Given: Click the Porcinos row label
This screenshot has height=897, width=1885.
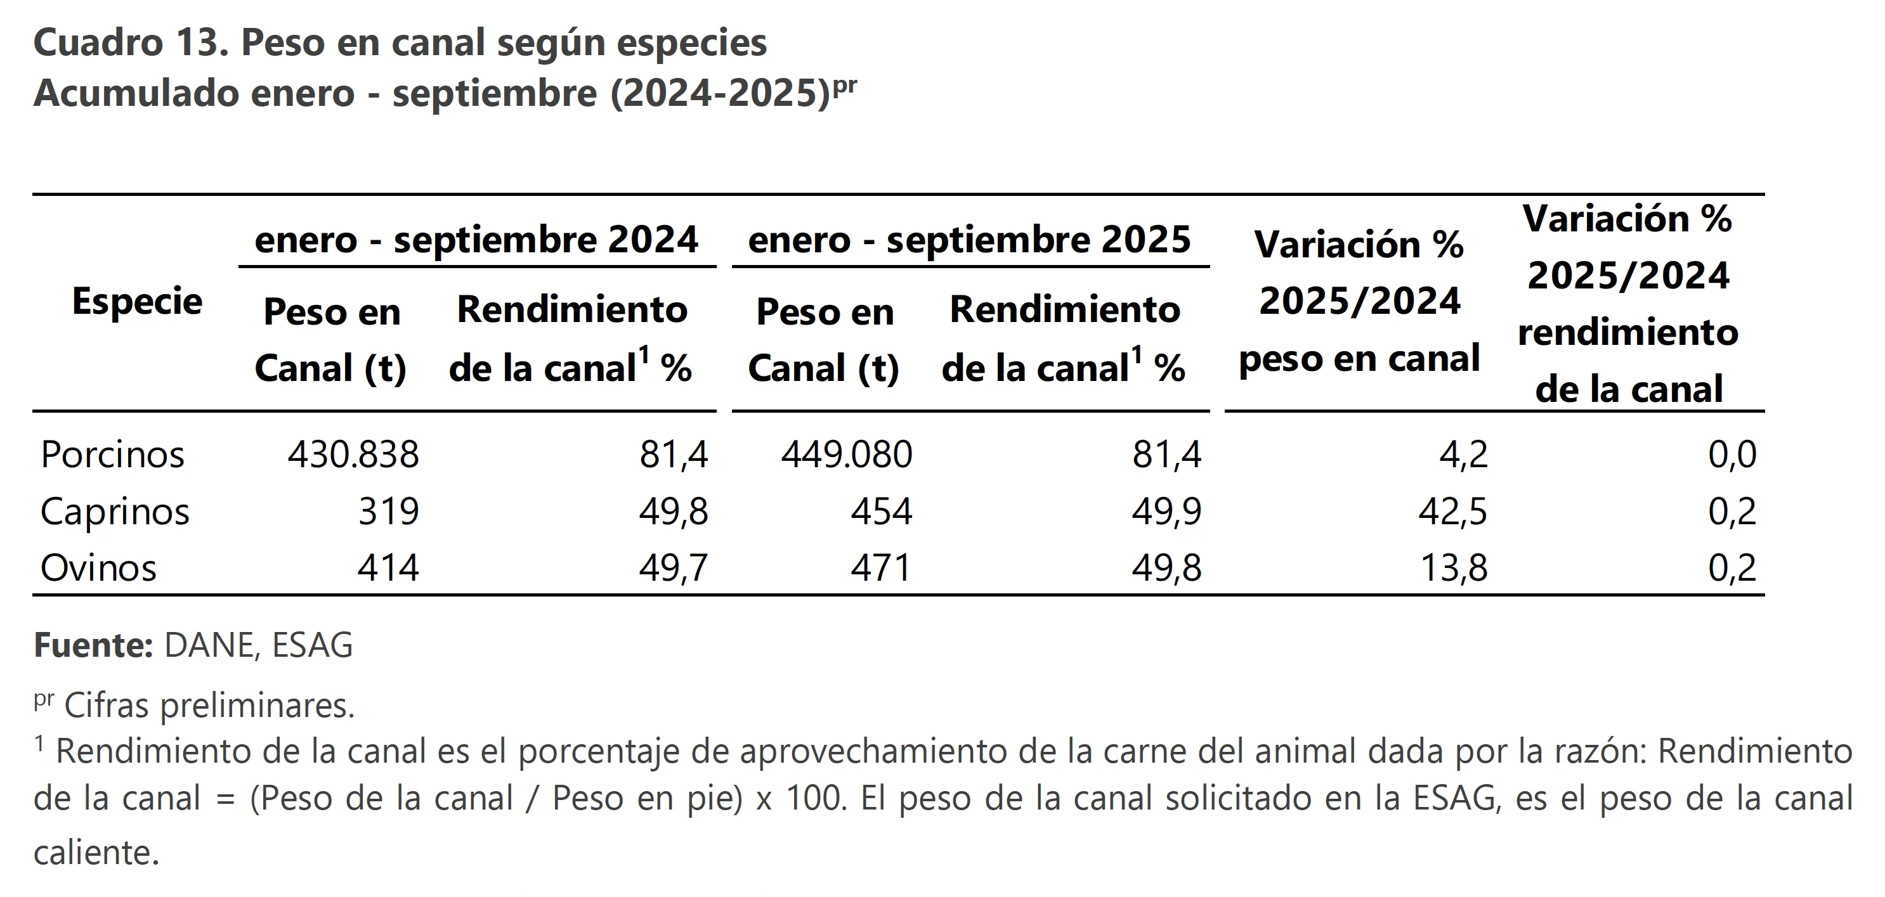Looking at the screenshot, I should (113, 455).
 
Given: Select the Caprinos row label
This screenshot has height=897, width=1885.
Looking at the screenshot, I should (115, 511).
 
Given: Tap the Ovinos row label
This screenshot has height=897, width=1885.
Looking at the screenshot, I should (99, 568).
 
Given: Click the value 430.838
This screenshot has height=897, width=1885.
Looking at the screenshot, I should (353, 455).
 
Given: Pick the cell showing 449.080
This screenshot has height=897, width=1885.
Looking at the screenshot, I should (847, 455).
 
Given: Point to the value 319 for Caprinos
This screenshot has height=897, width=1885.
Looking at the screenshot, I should (389, 511).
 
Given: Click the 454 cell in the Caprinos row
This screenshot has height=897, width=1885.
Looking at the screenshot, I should (881, 511).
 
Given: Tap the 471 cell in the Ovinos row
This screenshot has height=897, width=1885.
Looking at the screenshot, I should (880, 568).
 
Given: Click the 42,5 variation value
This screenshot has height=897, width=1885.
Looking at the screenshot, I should (1452, 511).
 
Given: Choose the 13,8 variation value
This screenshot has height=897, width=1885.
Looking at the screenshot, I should (1453, 568).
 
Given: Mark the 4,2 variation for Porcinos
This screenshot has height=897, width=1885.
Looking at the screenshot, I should (1463, 455).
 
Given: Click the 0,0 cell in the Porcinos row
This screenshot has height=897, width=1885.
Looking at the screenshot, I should (1732, 455).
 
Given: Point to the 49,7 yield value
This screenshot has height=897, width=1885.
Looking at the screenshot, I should (673, 568).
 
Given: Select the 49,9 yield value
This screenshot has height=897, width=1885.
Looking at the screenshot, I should (1166, 511).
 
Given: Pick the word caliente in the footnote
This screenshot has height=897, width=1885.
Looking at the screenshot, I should (96, 853).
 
